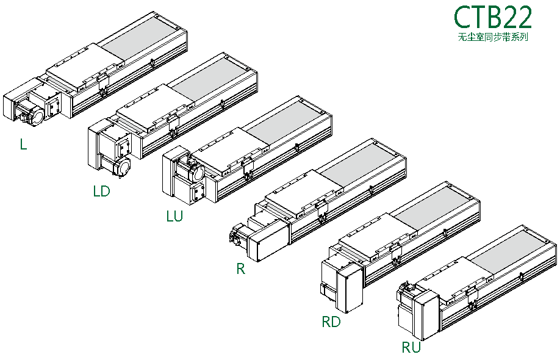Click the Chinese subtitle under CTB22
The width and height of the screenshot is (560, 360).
click(493, 38)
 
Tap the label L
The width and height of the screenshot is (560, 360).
click(23, 145)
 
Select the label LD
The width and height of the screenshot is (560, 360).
click(101, 192)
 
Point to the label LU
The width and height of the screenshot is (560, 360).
click(174, 217)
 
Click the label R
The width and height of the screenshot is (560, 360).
click(240, 269)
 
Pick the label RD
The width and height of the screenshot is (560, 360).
click(331, 322)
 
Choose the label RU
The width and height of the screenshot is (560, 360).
click(411, 348)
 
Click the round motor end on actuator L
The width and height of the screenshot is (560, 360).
click(35, 115)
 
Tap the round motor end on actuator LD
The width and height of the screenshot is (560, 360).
click(122, 167)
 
